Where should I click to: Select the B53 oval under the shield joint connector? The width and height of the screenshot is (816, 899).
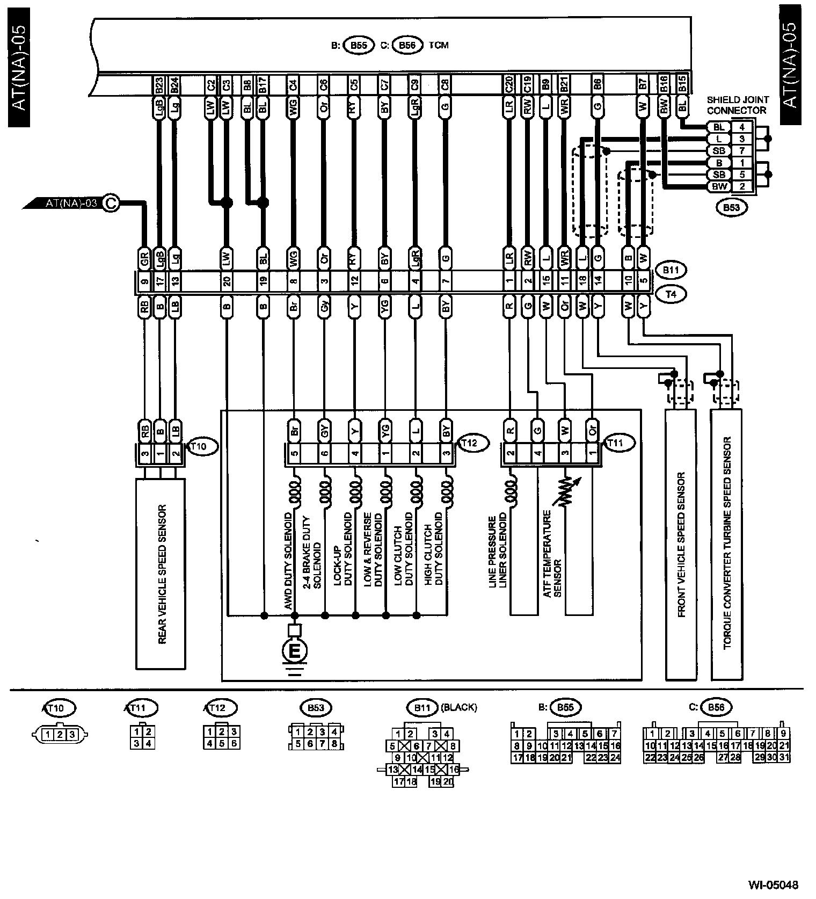pos(732,208)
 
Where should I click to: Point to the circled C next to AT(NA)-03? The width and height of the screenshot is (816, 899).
pos(110,203)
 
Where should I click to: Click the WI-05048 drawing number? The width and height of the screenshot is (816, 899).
pos(774,884)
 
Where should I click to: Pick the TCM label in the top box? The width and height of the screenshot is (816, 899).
pos(439,45)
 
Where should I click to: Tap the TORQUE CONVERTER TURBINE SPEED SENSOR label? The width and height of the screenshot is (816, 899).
pos(727,542)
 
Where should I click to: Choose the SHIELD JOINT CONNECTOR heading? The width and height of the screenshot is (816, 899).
pos(737,105)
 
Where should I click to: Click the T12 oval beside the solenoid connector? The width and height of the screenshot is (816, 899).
pos(472,443)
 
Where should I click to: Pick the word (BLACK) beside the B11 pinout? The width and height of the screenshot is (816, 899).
pos(458,707)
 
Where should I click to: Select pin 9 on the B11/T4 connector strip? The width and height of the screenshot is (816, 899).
pos(144,280)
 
